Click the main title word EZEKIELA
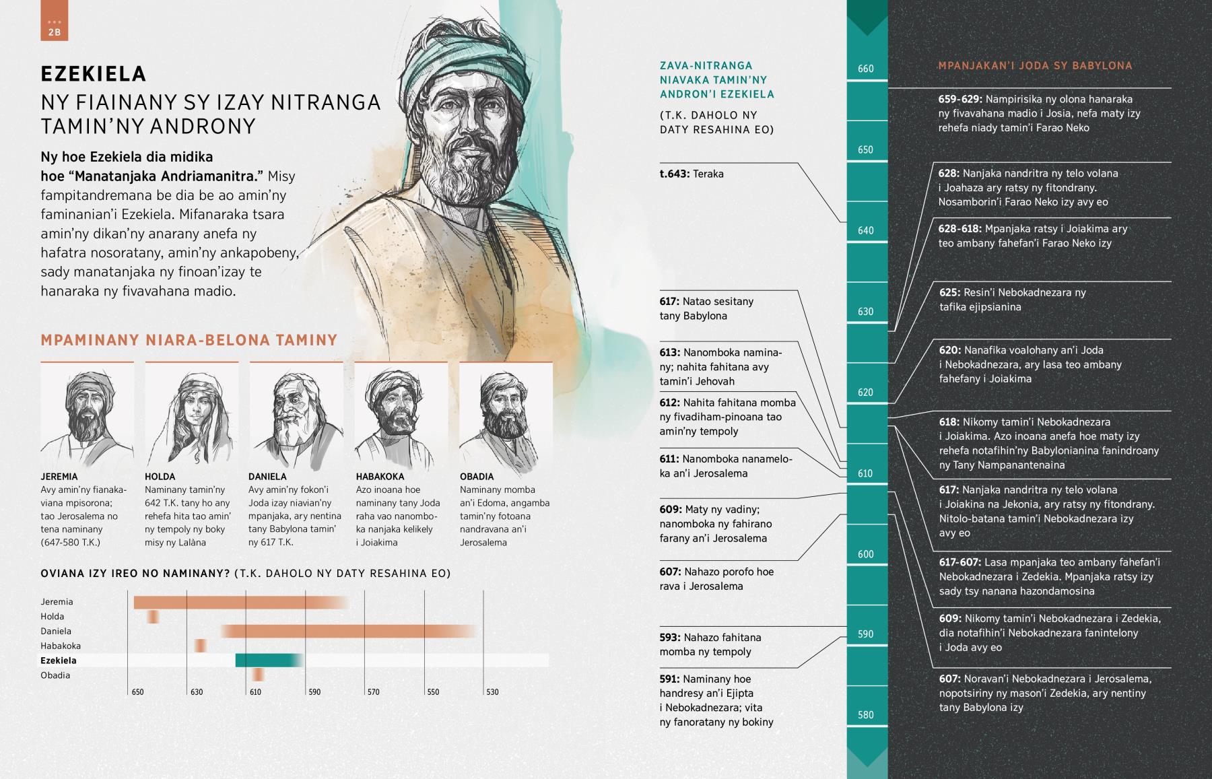pos(93,73)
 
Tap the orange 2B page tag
pos(54,27)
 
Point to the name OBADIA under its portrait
pos(477,477)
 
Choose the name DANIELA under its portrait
pos(267,477)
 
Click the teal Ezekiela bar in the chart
pos(268,661)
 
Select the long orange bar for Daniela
pos(349,631)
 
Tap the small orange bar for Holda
pos(154,616)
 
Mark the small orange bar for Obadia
pos(258,675)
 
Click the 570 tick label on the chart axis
pos(374,692)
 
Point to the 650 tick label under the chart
pos(137,692)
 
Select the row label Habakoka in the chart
pos(61,646)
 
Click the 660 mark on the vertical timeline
pos(866,69)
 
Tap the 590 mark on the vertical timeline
pos(866,634)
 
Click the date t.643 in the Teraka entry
pos(674,174)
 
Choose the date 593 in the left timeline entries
pos(670,638)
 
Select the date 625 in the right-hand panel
pos(949,293)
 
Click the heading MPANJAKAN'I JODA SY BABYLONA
pos(1035,66)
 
